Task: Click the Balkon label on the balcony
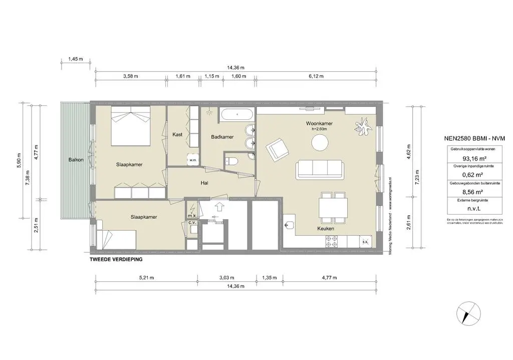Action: click(x=76, y=160)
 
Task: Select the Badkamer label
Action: click(x=222, y=136)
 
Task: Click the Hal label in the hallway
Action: click(x=204, y=184)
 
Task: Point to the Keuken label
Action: click(x=326, y=229)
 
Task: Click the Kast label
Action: click(x=177, y=134)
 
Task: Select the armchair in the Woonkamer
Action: click(x=277, y=149)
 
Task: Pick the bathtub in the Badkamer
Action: click(x=236, y=114)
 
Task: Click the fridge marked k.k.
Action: click(x=365, y=242)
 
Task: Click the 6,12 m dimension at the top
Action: click(x=316, y=76)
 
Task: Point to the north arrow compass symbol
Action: click(x=467, y=314)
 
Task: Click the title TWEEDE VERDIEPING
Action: click(x=116, y=259)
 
